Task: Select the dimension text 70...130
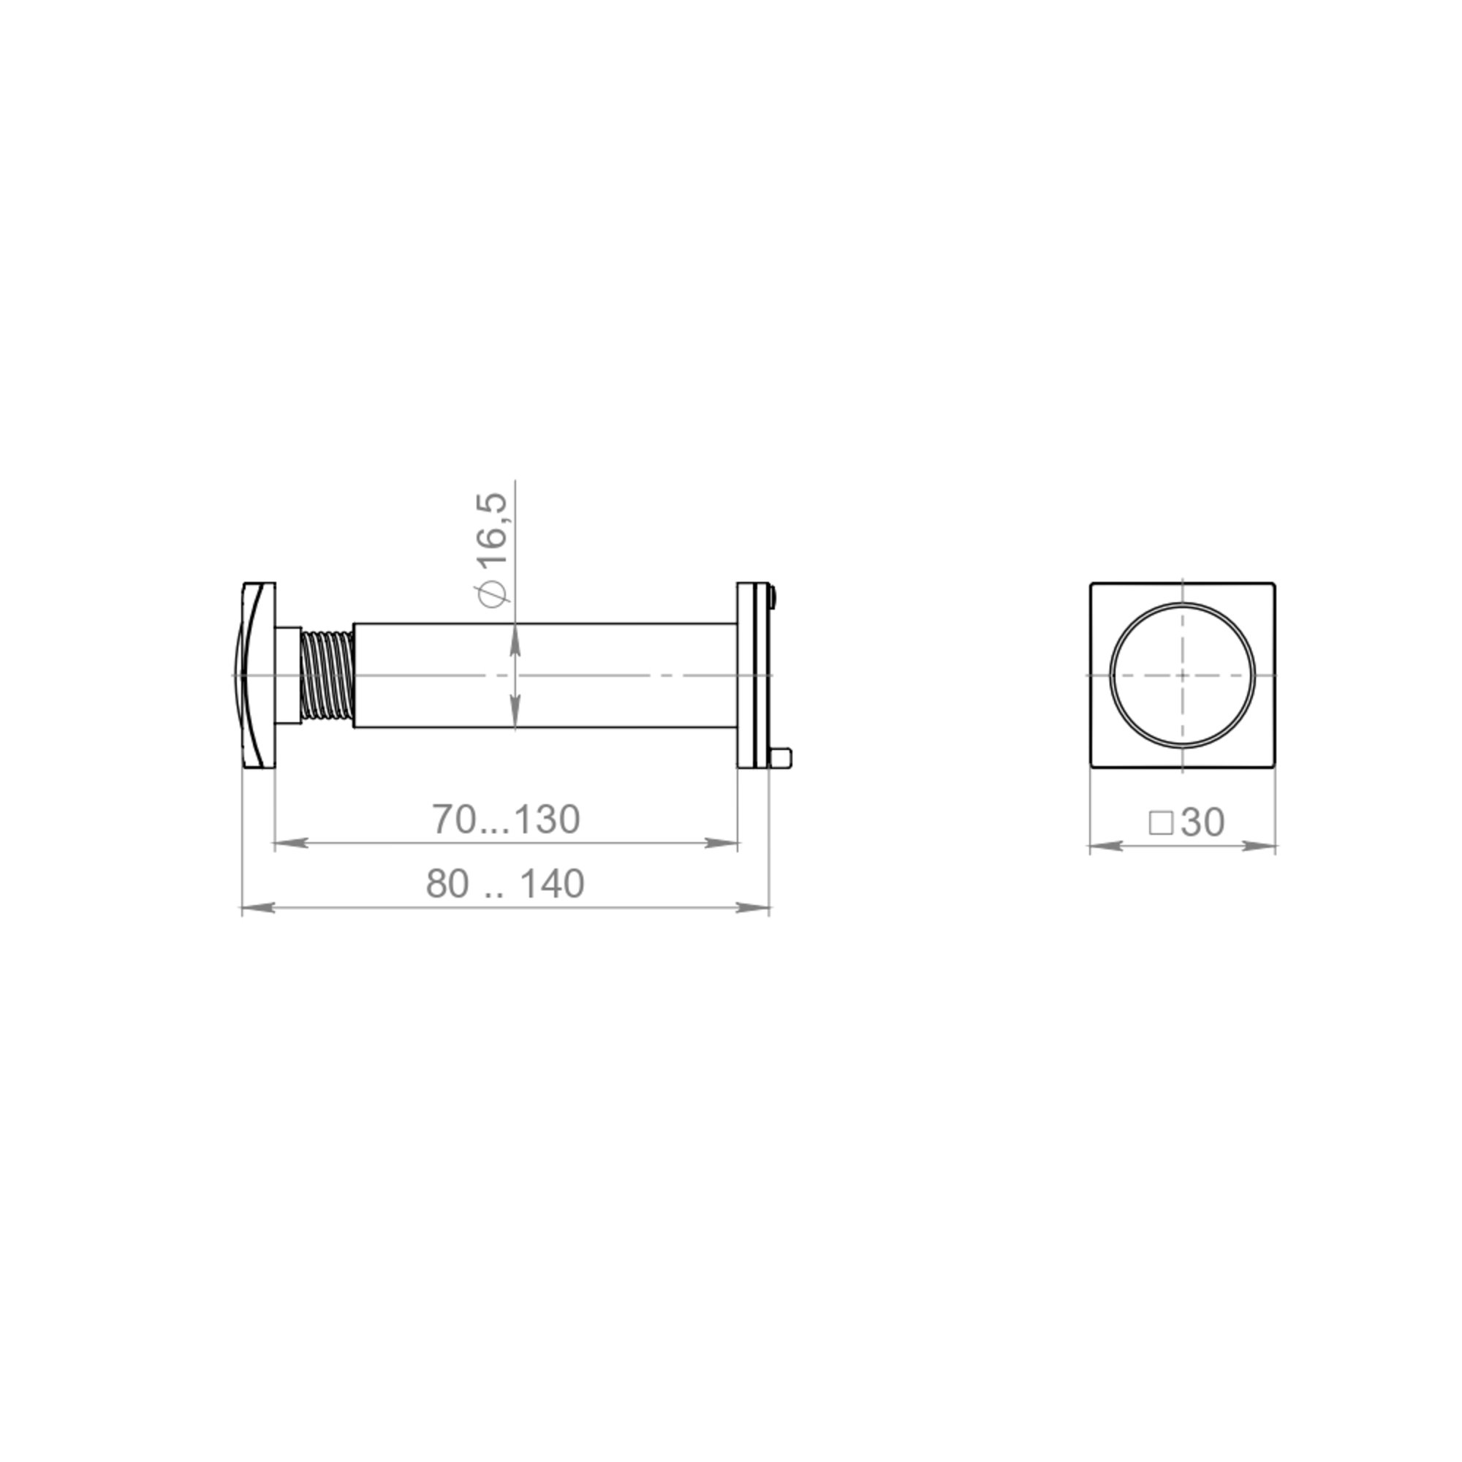coord(506,819)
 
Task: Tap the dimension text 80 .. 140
coord(504,884)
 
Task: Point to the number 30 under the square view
coord(1202,822)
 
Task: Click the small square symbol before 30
coord(1161,823)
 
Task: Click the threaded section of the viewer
coord(327,674)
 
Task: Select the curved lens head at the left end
coord(255,675)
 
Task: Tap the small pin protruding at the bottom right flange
coord(781,757)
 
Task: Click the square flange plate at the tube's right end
coord(753,675)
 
